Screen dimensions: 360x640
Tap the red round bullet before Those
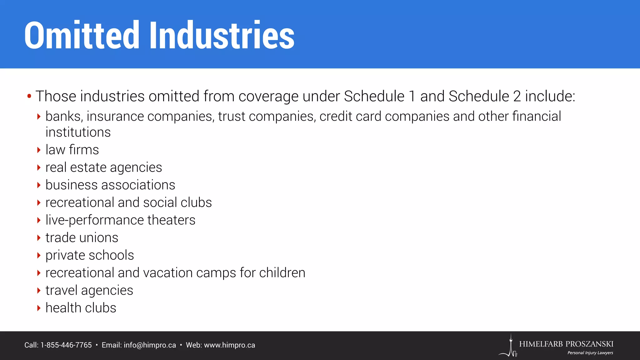click(x=29, y=96)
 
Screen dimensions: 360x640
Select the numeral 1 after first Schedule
click(x=412, y=96)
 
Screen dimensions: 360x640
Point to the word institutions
click(x=78, y=132)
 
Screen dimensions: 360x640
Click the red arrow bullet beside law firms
click(x=39, y=150)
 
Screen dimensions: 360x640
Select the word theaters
click(x=171, y=220)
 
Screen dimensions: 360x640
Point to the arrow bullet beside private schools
click(x=39, y=255)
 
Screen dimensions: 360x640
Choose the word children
click(x=282, y=273)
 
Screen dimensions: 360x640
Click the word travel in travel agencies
click(x=61, y=290)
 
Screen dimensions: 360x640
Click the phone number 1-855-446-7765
click(x=66, y=345)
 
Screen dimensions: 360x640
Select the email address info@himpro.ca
click(x=150, y=345)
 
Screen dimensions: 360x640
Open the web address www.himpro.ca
click(x=229, y=345)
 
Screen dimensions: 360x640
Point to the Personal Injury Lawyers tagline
click(x=590, y=353)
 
